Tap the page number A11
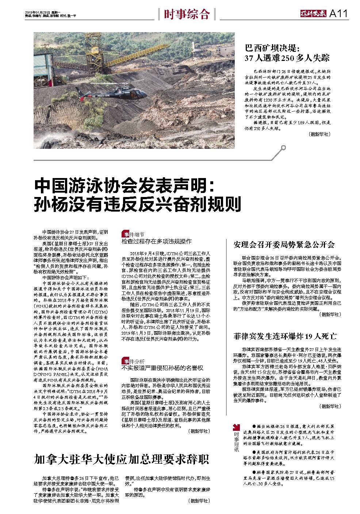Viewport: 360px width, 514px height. point(338,14)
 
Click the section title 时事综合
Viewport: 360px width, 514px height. point(187,14)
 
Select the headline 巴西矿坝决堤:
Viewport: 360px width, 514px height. point(272,48)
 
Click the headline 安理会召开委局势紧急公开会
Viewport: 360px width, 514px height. point(284,244)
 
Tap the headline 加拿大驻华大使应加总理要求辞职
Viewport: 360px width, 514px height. point(121,459)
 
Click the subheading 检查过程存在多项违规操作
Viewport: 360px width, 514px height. point(156,241)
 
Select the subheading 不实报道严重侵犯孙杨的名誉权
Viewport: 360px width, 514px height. point(162,368)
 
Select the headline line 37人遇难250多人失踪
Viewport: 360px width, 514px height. point(287,58)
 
